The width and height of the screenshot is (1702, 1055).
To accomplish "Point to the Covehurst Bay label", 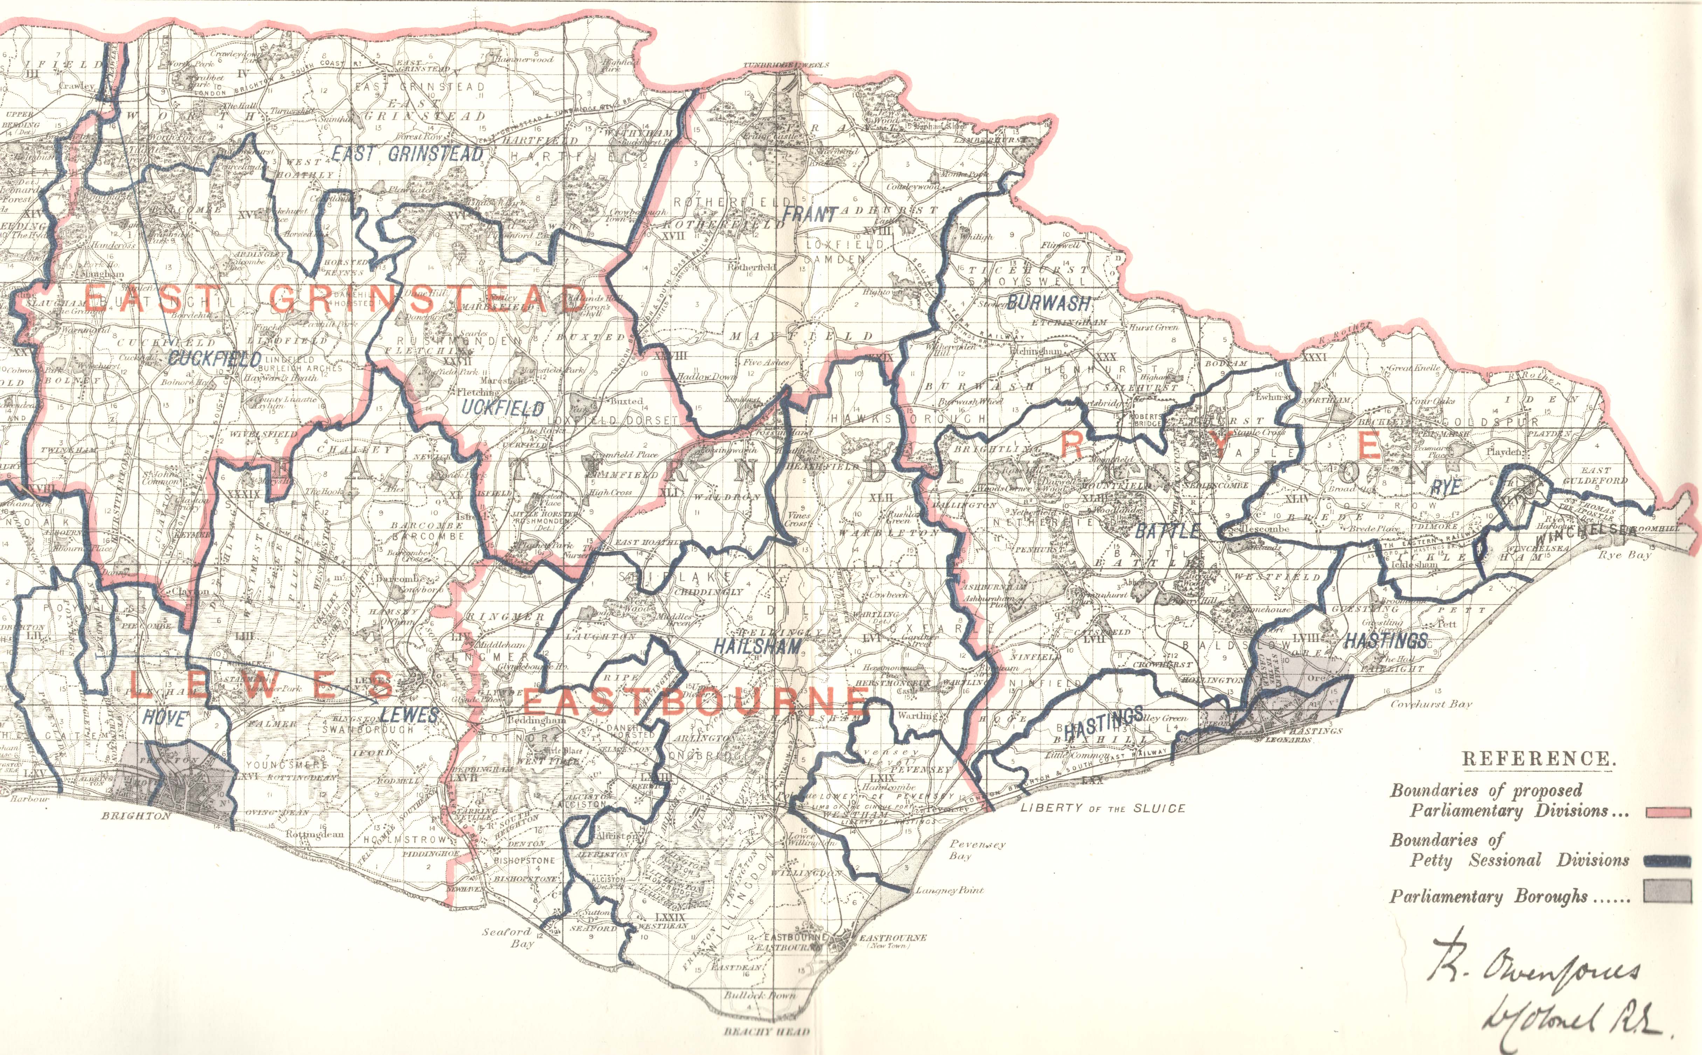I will (x=1431, y=704).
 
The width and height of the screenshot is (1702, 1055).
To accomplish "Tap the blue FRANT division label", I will (x=809, y=214).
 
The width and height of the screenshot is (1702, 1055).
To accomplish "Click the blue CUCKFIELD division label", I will (x=215, y=359).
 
